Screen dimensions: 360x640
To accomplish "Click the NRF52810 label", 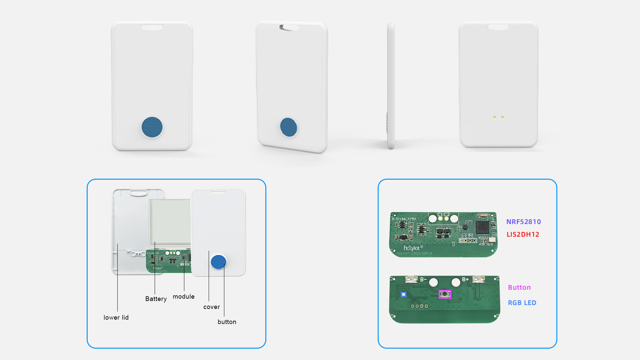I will click(x=523, y=222).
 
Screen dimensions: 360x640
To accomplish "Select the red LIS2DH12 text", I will click(x=523, y=234).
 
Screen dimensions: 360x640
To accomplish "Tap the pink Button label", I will click(x=519, y=287).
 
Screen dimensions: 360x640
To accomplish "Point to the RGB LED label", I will click(x=522, y=303).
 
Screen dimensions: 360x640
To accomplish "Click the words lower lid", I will click(x=116, y=317).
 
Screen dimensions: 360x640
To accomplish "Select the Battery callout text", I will click(x=156, y=299).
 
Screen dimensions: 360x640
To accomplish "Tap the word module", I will click(x=183, y=296).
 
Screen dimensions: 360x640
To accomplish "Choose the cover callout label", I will click(x=211, y=307).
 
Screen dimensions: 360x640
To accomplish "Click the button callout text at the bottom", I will click(x=227, y=322).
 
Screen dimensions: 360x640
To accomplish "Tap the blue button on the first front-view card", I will click(x=152, y=127).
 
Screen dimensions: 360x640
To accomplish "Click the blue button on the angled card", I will click(x=289, y=127).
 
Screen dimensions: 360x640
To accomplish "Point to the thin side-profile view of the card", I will click(x=391, y=86).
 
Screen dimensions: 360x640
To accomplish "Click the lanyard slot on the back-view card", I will click(x=498, y=27).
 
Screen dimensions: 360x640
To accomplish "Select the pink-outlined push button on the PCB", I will click(x=445, y=294).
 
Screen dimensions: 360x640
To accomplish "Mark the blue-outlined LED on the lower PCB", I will click(x=404, y=294).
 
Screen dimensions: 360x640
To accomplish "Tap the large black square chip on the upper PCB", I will click(x=482, y=227).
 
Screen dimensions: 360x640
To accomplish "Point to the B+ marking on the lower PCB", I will click(x=465, y=279).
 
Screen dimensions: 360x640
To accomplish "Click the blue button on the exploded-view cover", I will click(x=218, y=262).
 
